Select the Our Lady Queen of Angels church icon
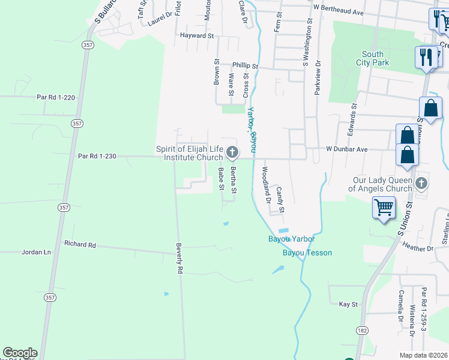click(x=421, y=182)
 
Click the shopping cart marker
click(x=384, y=208)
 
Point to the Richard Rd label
click(x=80, y=245)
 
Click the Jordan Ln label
click(x=36, y=253)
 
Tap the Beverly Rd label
click(x=179, y=259)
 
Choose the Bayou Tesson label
click(x=307, y=253)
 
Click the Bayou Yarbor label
click(x=291, y=239)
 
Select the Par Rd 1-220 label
click(x=55, y=97)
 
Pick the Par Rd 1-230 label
click(x=97, y=156)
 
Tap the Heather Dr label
click(x=418, y=248)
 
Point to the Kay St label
click(x=348, y=304)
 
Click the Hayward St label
click(x=197, y=36)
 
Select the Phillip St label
click(x=245, y=66)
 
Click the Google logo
click(x=20, y=353)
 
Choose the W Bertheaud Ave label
click(x=339, y=12)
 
